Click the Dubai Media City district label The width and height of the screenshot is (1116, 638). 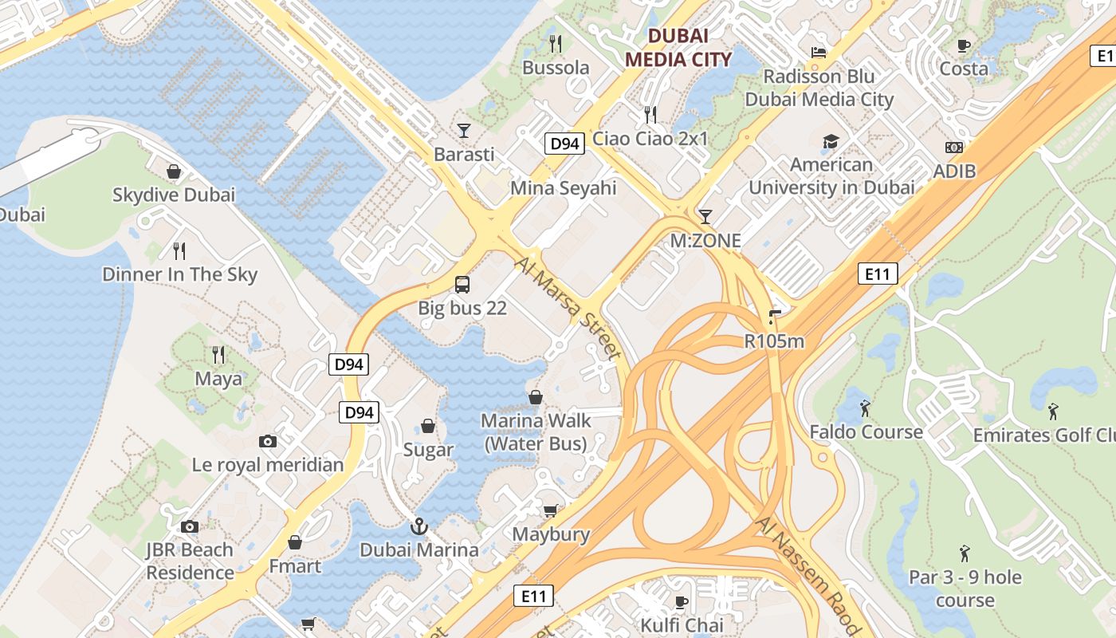(678, 47)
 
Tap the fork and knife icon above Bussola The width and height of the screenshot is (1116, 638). (556, 43)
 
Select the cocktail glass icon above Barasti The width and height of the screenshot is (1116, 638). (464, 130)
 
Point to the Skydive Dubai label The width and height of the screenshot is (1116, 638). (174, 195)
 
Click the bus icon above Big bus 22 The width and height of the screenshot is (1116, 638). (462, 284)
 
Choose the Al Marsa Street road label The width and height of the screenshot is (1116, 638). (568, 307)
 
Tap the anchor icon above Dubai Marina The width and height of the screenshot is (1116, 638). (418, 526)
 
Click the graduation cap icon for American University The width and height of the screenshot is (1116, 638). (831, 142)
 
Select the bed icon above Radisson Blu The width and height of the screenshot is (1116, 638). (819, 53)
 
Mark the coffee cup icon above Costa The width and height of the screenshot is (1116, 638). (964, 45)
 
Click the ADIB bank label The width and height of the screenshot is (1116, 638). (954, 171)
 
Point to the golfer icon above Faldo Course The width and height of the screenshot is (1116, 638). (866, 409)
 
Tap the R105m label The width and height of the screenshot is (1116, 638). (774, 341)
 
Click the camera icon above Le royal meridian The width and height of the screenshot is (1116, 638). (268, 441)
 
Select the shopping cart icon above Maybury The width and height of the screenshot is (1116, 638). (551, 510)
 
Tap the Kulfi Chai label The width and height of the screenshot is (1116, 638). (682, 624)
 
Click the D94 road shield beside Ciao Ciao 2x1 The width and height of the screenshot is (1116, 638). (565, 144)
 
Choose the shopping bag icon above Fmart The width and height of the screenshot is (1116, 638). (295, 542)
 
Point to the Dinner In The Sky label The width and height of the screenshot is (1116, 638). (180, 274)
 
